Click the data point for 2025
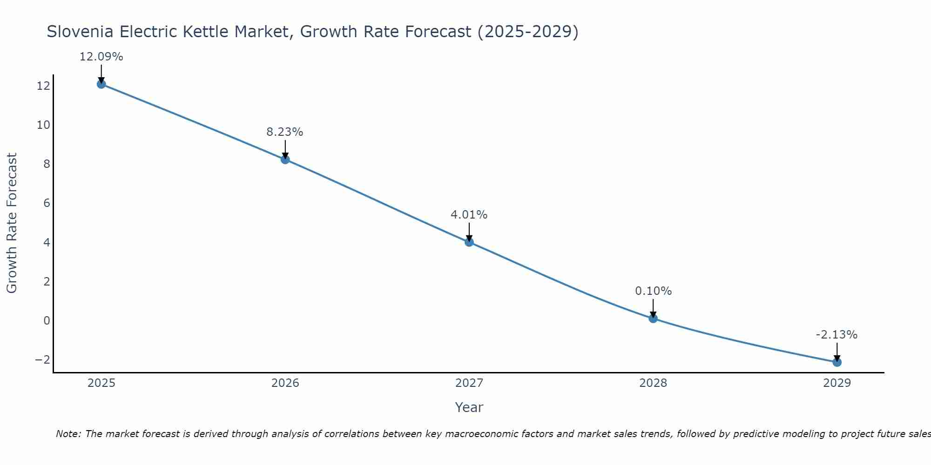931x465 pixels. [101, 84]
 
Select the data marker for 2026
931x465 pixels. [285, 159]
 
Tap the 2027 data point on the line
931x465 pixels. [469, 242]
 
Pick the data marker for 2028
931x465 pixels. [653, 319]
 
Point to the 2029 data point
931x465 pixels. [837, 362]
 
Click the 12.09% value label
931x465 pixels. [101, 57]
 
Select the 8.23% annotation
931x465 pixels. [285, 132]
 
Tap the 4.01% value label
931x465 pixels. [469, 215]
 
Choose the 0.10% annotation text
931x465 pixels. [654, 291]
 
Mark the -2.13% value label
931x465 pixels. [837, 335]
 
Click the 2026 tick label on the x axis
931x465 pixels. [285, 383]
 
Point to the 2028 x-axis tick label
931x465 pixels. [653, 383]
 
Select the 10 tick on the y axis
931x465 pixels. [43, 125]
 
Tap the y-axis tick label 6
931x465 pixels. [47, 203]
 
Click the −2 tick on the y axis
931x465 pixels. [42, 359]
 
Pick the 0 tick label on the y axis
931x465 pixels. [47, 320]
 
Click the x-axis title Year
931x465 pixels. [469, 407]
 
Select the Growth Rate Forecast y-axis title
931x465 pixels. [12, 223]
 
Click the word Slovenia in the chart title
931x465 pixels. [80, 32]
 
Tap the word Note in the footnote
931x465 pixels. [68, 434]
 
